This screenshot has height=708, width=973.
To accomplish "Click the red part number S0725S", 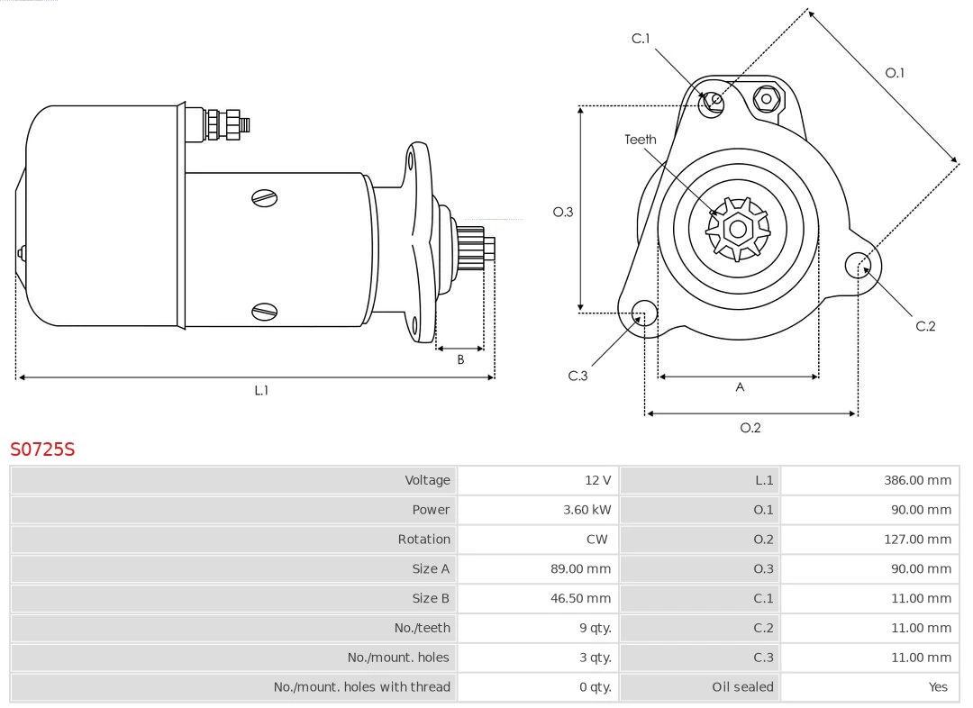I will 42,449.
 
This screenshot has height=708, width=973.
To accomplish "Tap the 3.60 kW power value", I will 587,510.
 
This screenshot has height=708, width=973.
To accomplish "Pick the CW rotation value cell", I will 596,540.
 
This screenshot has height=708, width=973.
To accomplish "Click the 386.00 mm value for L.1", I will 916,480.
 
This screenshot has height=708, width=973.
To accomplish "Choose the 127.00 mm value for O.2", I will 916,540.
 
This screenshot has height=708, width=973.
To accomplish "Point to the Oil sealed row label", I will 742,687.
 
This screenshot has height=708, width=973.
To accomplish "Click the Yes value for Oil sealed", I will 938,687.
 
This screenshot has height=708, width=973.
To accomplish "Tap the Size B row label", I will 431,598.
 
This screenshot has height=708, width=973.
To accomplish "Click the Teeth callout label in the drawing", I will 641,140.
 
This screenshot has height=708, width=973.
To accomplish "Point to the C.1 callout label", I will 641,39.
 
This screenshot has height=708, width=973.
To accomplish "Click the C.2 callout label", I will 925,326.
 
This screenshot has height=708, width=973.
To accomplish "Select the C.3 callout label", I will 577,376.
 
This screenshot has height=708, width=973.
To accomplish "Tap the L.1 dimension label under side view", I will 260,391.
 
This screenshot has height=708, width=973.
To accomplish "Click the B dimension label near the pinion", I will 460,359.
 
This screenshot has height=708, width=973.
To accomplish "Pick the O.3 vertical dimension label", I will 562,212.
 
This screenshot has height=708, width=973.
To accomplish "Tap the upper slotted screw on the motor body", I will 265,197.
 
